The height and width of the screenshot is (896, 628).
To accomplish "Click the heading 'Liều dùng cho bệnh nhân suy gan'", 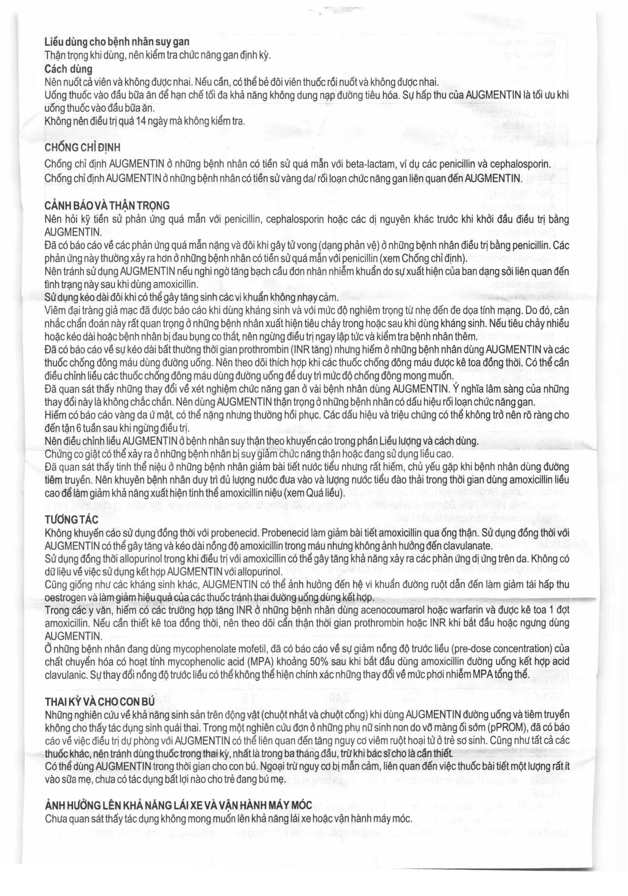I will [117, 42].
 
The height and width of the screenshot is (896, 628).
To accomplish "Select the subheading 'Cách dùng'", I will [68, 69].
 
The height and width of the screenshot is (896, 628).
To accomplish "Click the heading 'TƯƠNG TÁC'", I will [71, 520].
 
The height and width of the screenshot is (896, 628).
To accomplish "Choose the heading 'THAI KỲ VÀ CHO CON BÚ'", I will [100, 702].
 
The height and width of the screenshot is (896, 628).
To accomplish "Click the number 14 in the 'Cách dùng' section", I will [141, 121].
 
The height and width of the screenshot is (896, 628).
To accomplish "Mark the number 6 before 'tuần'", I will [79, 428].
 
